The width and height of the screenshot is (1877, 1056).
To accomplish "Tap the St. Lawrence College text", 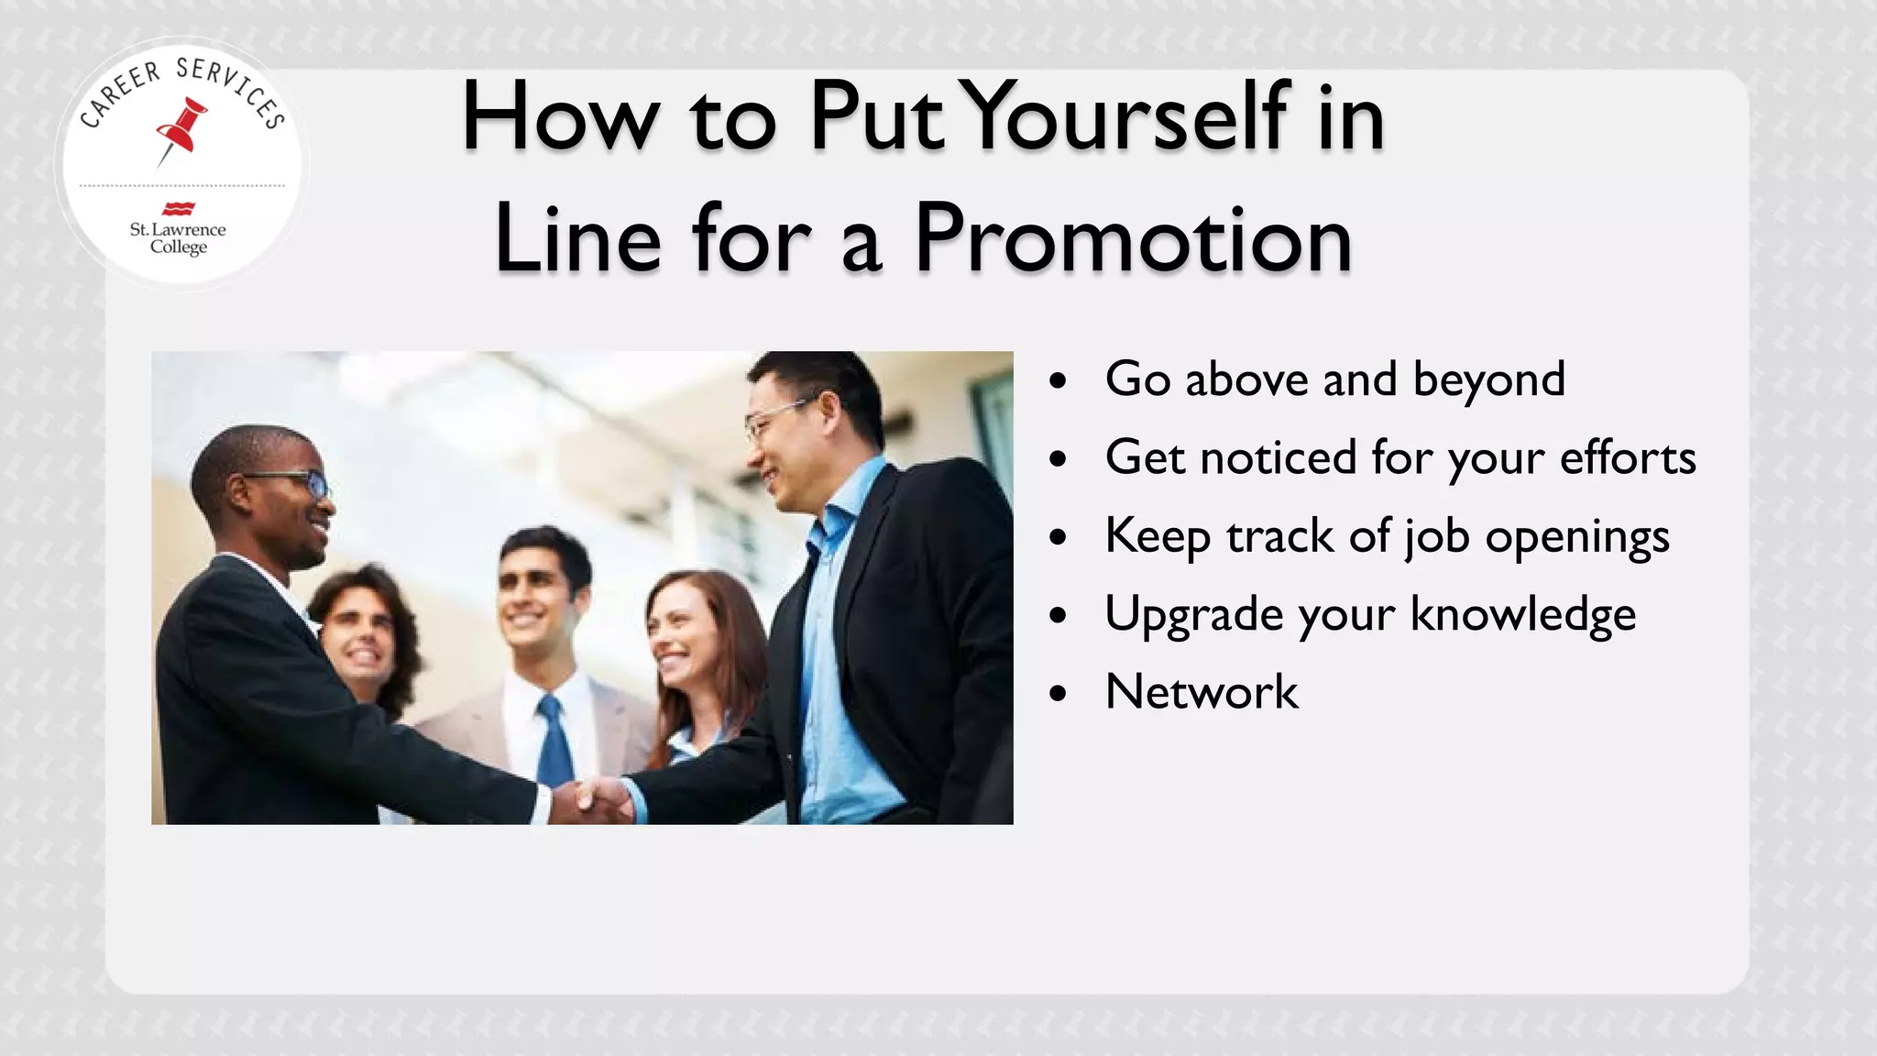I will (178, 237).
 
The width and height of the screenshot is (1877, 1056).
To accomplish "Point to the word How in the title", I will (560, 116).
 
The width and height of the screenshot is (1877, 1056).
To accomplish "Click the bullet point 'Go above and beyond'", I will (1334, 379).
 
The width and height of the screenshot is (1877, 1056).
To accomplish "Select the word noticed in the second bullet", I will (1278, 456).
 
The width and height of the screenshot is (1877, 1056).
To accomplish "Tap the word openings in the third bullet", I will (1576, 537).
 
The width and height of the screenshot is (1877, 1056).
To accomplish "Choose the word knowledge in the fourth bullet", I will (1522, 614).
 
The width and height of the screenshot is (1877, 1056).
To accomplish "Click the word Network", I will (1202, 691).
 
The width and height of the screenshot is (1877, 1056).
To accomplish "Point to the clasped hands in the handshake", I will (601, 799).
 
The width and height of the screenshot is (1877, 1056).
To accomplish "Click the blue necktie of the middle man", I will (554, 742).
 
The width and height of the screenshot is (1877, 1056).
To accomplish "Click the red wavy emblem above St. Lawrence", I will (178, 209).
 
